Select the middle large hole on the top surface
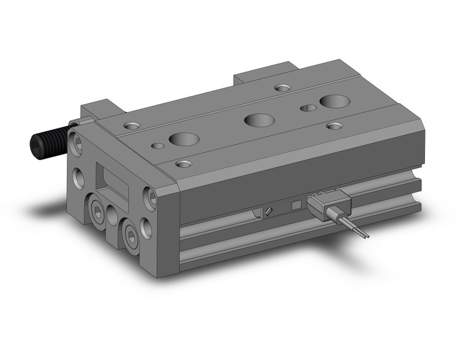click(x=259, y=120)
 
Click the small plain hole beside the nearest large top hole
click(x=158, y=146)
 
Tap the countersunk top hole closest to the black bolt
click(x=131, y=126)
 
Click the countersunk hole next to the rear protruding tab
click(x=282, y=88)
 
